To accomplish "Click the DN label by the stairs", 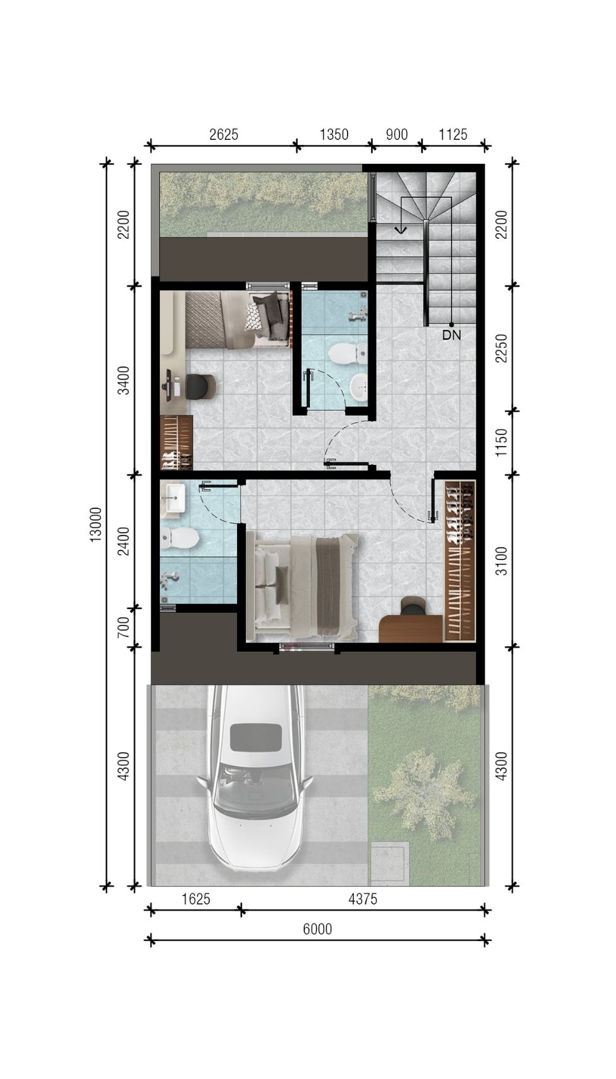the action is coord(451,335).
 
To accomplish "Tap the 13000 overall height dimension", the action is coord(96,524).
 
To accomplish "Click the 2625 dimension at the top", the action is coord(224,134).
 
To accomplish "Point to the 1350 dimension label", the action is coord(334,134).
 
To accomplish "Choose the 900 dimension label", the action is coord(396,134).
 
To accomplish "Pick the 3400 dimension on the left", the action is coord(124,380).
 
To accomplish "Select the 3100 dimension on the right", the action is coord(501,561).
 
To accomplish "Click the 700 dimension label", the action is coord(124,627).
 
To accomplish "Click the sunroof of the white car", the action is coord(256,737).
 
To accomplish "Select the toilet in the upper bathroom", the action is coord(346,353).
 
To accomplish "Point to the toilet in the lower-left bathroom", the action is coord(179,538).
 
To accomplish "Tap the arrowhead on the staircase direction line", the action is coord(400,230).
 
